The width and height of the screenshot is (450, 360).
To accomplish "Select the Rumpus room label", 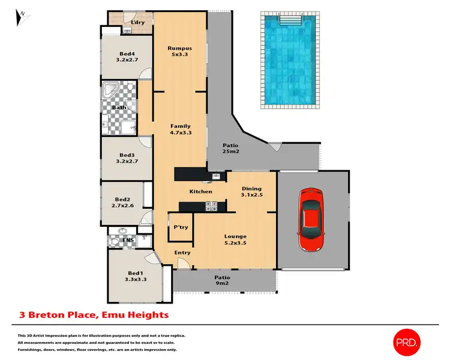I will [179, 52].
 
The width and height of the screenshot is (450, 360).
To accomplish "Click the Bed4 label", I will [127, 56].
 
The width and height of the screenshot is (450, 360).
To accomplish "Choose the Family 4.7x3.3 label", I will [181, 130].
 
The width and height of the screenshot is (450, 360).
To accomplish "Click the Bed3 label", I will [127, 158].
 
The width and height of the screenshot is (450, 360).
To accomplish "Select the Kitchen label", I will [201, 191].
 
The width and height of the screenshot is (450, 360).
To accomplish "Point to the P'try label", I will [181, 227].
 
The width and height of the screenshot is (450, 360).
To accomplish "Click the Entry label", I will [182, 253].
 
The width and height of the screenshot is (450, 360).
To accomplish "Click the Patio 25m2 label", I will [231, 149].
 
